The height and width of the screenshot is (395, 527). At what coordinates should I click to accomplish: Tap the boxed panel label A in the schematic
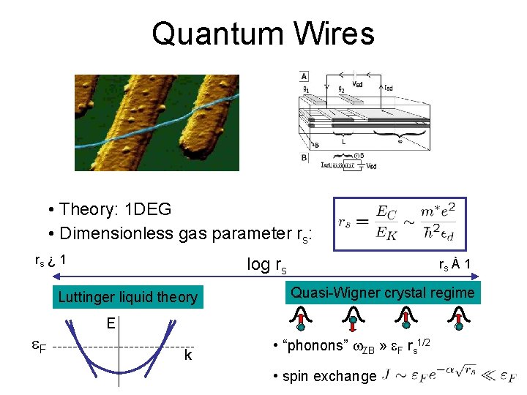(304, 76)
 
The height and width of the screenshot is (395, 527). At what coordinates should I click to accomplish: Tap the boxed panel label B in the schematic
(304, 157)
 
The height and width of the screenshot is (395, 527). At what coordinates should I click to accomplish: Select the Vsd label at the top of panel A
(358, 83)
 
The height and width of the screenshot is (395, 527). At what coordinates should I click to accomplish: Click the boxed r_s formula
(399, 223)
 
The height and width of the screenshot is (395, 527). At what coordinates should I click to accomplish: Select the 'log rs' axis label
(266, 264)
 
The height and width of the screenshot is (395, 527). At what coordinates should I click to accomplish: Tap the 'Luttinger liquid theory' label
(127, 297)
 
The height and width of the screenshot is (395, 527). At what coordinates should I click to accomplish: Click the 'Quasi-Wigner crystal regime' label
(383, 293)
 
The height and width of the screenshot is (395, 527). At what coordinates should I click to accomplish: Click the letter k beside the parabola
(188, 356)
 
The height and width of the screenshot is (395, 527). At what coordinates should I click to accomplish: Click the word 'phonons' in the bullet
(314, 345)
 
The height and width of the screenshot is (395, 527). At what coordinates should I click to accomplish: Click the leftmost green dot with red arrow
(301, 326)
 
